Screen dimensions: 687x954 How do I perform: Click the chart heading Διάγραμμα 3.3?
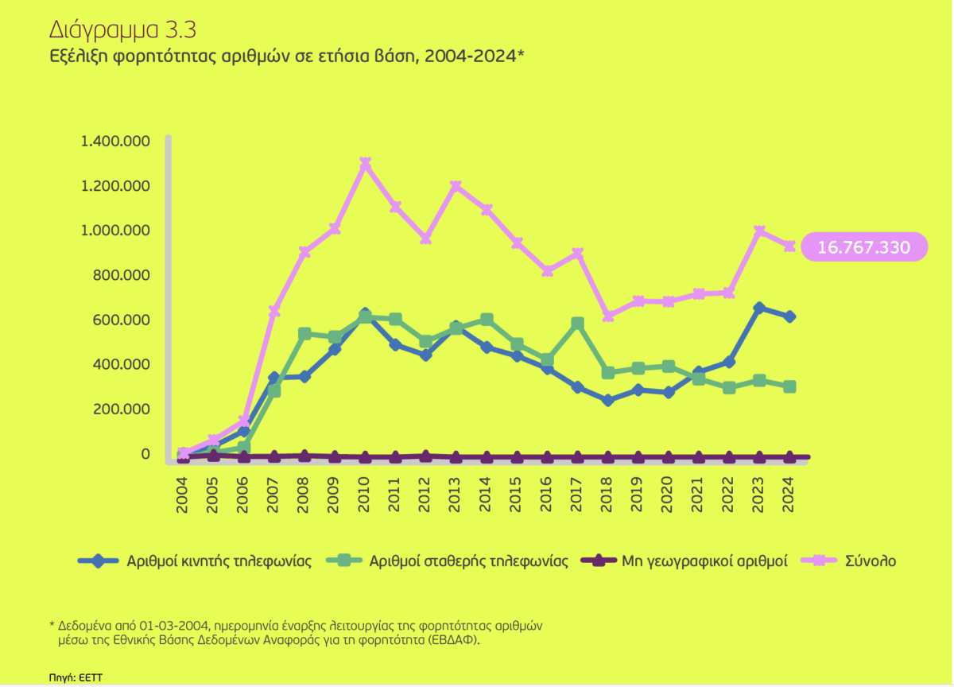point(122,30)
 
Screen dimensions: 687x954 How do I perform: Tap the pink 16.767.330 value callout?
point(863,247)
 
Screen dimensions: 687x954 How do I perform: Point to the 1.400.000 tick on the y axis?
point(116,142)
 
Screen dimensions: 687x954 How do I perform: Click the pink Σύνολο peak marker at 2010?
point(365,163)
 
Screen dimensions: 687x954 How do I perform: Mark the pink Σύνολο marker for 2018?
point(608,316)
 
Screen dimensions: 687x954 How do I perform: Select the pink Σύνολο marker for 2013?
point(456,186)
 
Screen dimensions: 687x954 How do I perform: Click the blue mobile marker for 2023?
point(759,308)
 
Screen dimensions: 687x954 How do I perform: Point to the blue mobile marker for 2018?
point(608,400)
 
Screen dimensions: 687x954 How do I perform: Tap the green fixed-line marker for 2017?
point(578,324)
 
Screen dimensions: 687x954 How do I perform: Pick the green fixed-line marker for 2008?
point(304,334)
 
